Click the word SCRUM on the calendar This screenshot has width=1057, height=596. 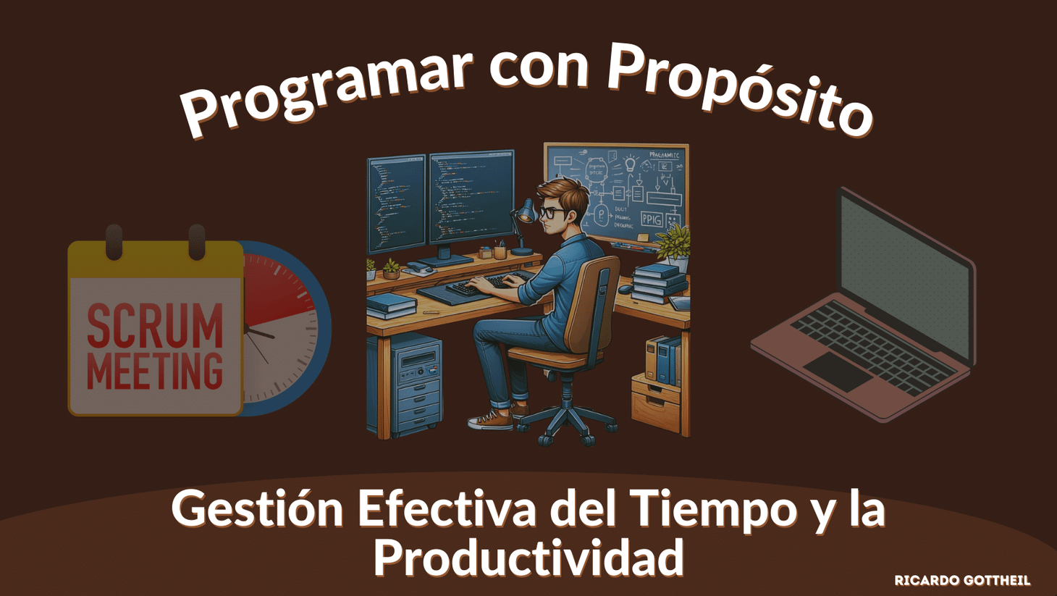tap(155, 325)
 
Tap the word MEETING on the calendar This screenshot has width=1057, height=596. tap(155, 371)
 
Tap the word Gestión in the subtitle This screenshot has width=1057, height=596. tap(257, 508)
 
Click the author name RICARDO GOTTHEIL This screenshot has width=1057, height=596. tap(962, 580)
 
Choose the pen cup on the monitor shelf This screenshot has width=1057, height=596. tap(500, 251)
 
